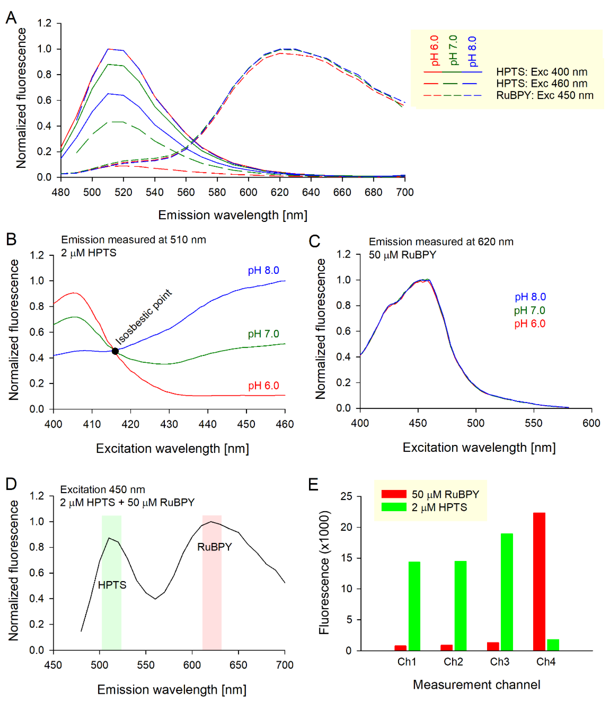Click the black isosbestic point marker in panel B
click(115, 351)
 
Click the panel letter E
click(313, 485)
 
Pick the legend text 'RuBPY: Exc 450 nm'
click(545, 95)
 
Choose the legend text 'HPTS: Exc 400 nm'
click(542, 72)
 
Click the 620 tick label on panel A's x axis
click(280, 192)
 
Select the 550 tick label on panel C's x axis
click(534, 423)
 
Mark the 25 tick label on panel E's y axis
click(346, 497)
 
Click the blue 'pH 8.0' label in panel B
click(263, 270)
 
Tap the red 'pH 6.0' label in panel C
click(530, 324)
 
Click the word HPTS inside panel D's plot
click(112, 585)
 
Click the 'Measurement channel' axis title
click(476, 685)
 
